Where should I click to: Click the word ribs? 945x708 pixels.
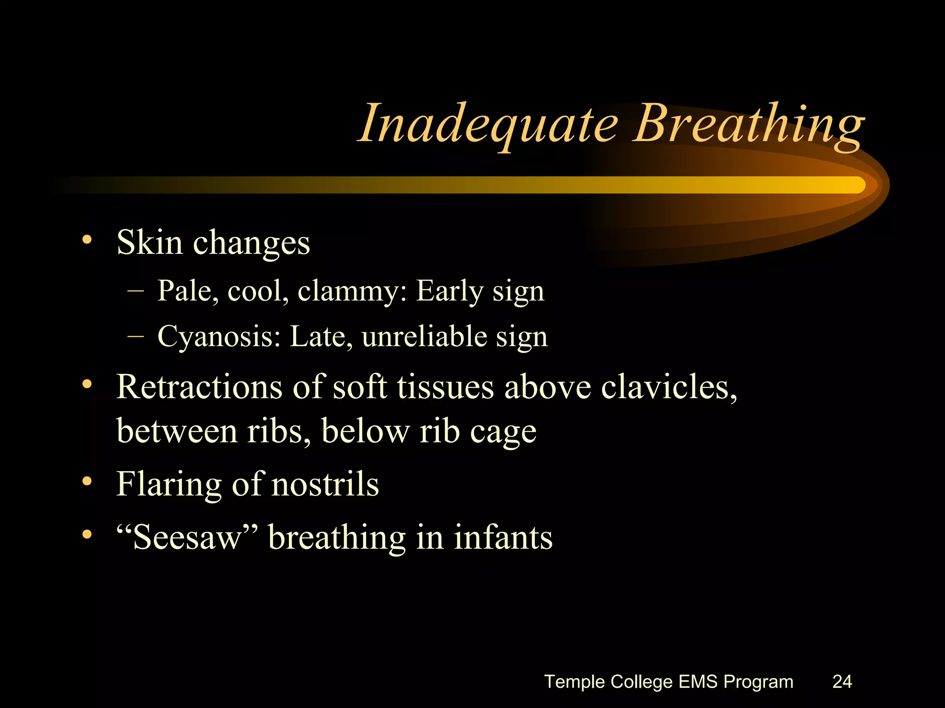(278, 431)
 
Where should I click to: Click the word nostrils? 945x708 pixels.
(325, 484)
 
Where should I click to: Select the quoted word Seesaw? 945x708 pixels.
(187, 537)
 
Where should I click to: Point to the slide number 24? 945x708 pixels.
(842, 681)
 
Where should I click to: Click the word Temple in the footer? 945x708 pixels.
(574, 682)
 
